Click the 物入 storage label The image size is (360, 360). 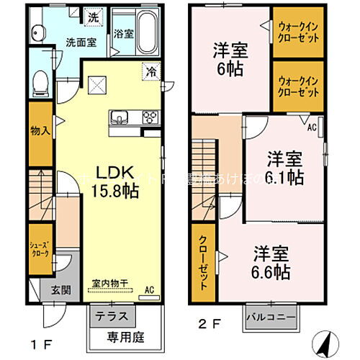[39, 131]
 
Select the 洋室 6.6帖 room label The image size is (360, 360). [271, 263]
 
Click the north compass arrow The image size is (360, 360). [324, 338]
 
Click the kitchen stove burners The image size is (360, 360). [151, 117]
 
